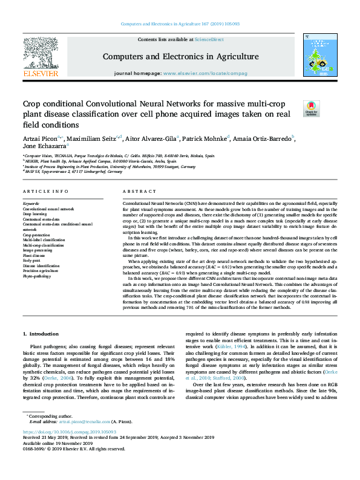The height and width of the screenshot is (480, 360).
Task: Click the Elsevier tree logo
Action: (x=40, y=56)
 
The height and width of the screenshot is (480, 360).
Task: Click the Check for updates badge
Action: (x=311, y=108)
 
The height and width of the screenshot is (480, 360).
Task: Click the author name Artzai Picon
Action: (x=42, y=138)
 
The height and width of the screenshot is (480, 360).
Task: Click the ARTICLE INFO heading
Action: (x=45, y=191)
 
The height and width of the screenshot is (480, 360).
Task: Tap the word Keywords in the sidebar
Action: (x=31, y=204)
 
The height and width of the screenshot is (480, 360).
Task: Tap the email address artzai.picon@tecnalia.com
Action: (x=80, y=421)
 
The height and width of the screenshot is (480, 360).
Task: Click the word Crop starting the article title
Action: (x=34, y=104)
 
